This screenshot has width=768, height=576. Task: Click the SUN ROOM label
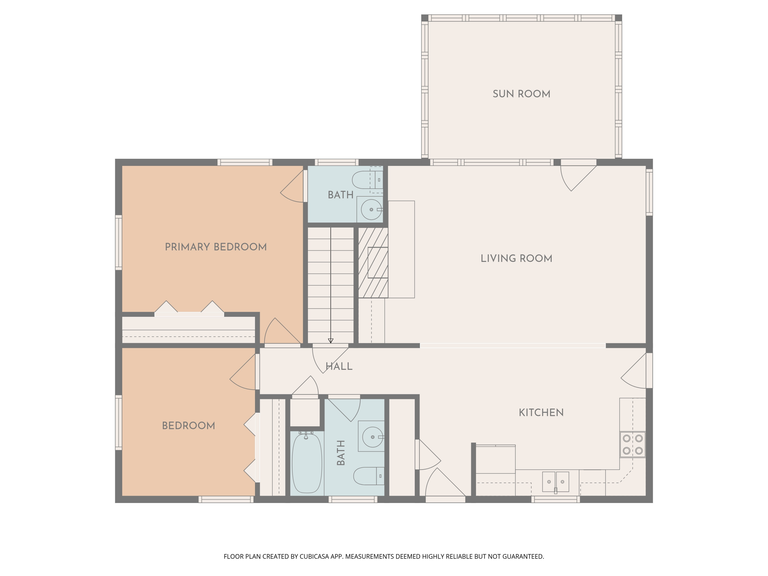point(521,94)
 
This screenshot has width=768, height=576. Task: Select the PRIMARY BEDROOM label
point(216,247)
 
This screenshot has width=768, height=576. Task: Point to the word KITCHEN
point(541,413)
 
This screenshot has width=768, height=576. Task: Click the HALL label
point(339,366)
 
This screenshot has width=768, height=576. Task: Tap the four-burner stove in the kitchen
point(633,444)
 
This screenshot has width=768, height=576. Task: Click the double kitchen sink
point(556,482)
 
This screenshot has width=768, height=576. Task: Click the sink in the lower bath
point(372,437)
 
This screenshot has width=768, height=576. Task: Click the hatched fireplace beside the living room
point(373,263)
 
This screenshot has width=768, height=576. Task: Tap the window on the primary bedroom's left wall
point(118,242)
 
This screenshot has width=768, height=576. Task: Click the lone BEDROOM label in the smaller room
point(188,426)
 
